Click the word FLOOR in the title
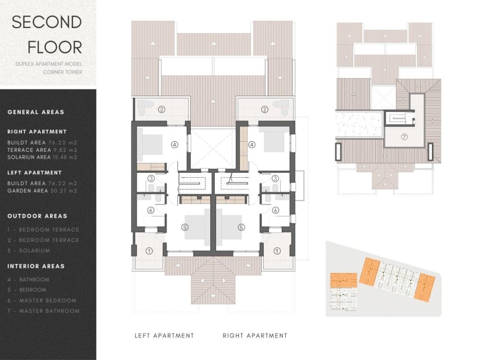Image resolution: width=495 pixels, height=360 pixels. pyautogui.click(x=47, y=47)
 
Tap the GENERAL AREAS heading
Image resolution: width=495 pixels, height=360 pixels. pyautogui.click(x=36, y=112)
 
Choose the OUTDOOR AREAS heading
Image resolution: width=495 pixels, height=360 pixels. pyautogui.click(x=37, y=216)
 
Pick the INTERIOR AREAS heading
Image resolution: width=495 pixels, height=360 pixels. pyautogui.click(x=36, y=266)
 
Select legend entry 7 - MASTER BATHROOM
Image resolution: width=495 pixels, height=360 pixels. pyautogui.click(x=43, y=310)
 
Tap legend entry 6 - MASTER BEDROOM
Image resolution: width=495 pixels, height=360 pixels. pyautogui.click(x=42, y=300)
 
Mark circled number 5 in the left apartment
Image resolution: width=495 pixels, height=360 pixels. pyautogui.click(x=185, y=227)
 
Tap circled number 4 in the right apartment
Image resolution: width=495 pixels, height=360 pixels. pyautogui.click(x=252, y=145)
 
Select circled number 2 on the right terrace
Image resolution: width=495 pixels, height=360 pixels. pyautogui.click(x=264, y=109)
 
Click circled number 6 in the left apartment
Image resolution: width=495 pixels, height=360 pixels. pyautogui.click(x=151, y=210)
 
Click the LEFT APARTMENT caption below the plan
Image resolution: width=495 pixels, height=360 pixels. pyautogui.click(x=164, y=336)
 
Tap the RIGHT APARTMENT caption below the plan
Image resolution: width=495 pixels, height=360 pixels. pyautogui.click(x=255, y=336)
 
